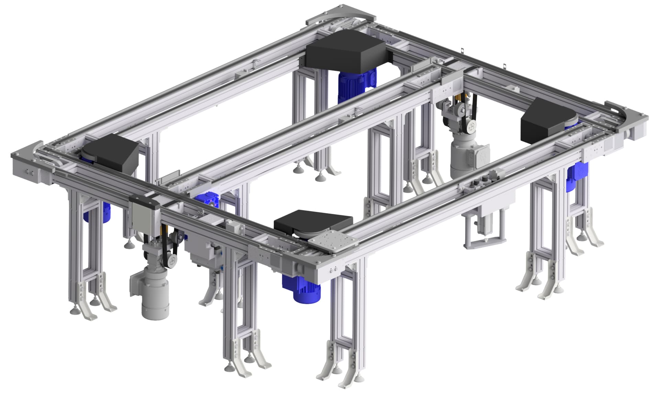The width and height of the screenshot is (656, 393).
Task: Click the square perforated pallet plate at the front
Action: click(334, 242)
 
